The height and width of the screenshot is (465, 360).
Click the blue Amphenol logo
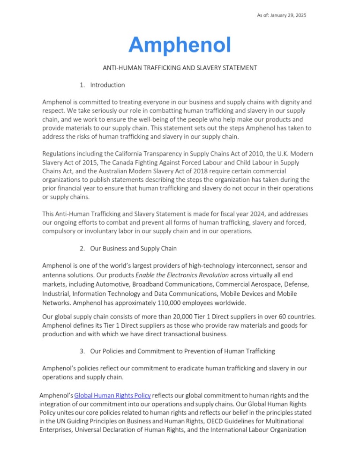point(180,45)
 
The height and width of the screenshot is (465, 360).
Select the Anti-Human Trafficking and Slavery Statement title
point(180,68)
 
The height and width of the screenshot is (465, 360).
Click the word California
point(128,153)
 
